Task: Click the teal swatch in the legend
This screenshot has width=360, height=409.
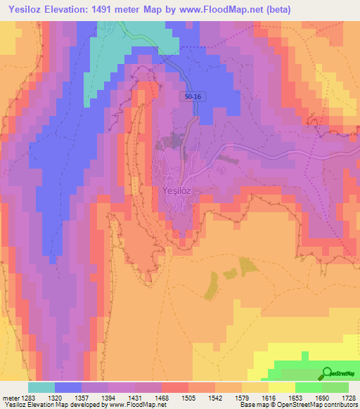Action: [41, 387]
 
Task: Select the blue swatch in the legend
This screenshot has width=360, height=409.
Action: [67, 387]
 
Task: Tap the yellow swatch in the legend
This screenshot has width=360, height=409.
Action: [281, 387]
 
